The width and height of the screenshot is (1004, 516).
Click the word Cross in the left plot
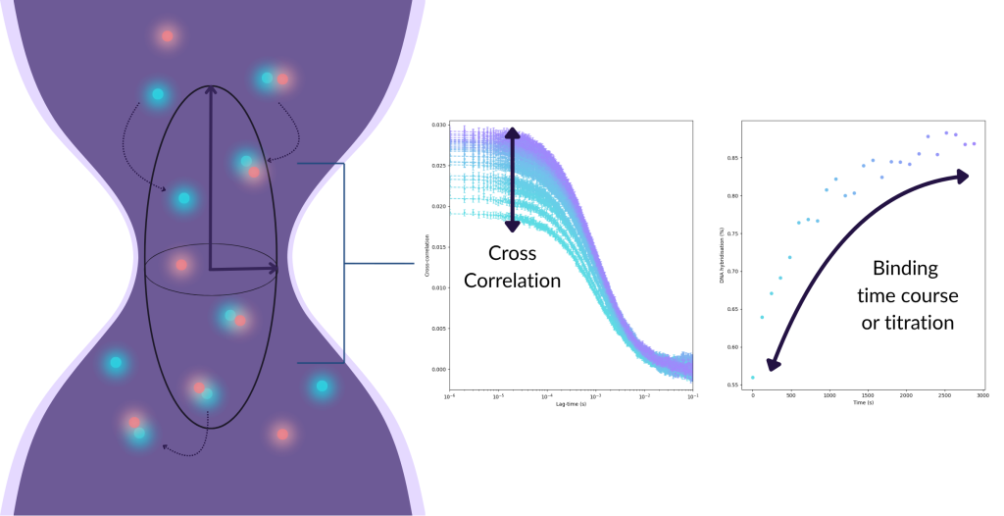(512, 254)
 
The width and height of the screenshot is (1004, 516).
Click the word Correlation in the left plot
(512, 281)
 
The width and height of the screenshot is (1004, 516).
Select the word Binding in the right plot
(905, 268)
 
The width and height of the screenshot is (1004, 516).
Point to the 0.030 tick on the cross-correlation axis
(437, 126)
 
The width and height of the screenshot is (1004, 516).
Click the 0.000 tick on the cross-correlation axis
(437, 370)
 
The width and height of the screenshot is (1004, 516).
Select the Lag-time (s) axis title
(570, 404)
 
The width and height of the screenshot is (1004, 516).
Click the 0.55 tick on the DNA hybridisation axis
(731, 385)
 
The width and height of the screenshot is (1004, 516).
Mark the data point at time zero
(753, 378)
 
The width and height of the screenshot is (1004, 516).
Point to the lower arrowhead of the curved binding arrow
(773, 365)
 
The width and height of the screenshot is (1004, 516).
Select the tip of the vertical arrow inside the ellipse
(211, 89)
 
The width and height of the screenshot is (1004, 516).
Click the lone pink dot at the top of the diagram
(168, 36)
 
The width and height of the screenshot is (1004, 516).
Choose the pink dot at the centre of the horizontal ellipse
(181, 265)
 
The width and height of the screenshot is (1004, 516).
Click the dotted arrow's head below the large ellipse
(165, 449)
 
